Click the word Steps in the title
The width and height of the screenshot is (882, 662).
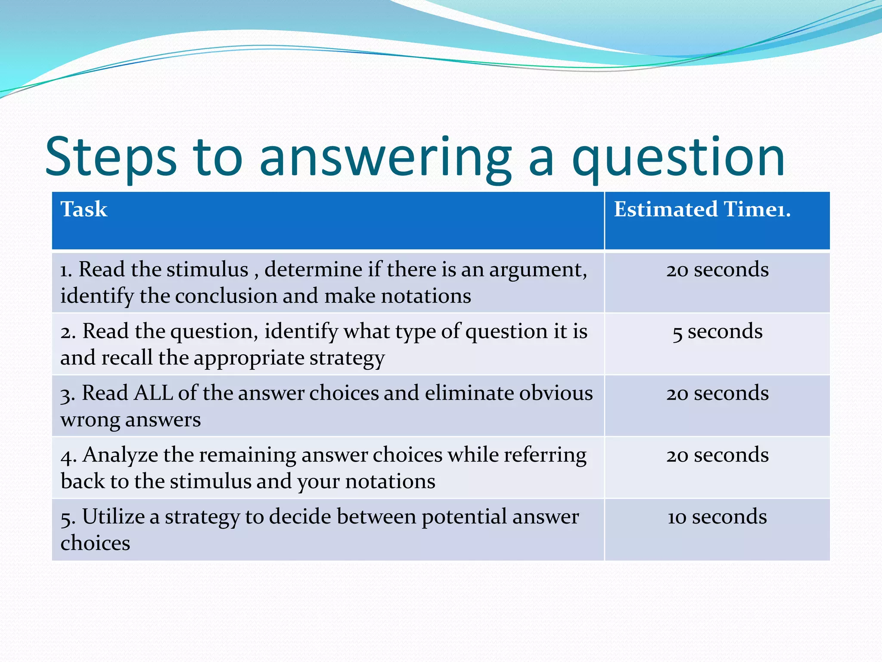click(x=111, y=157)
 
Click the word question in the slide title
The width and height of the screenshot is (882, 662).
click(x=678, y=157)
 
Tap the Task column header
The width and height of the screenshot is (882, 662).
click(x=84, y=209)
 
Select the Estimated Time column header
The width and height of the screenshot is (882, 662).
click(x=702, y=209)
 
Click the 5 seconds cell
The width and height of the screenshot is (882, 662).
click(x=717, y=331)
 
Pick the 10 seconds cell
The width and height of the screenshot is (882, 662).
click(x=717, y=516)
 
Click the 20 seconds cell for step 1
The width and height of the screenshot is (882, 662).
click(x=717, y=270)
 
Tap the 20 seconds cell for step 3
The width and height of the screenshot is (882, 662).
click(x=717, y=393)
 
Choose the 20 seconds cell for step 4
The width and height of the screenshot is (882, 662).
click(x=717, y=455)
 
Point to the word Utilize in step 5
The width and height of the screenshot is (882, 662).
click(x=113, y=516)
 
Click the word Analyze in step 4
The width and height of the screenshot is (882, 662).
click(x=120, y=455)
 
